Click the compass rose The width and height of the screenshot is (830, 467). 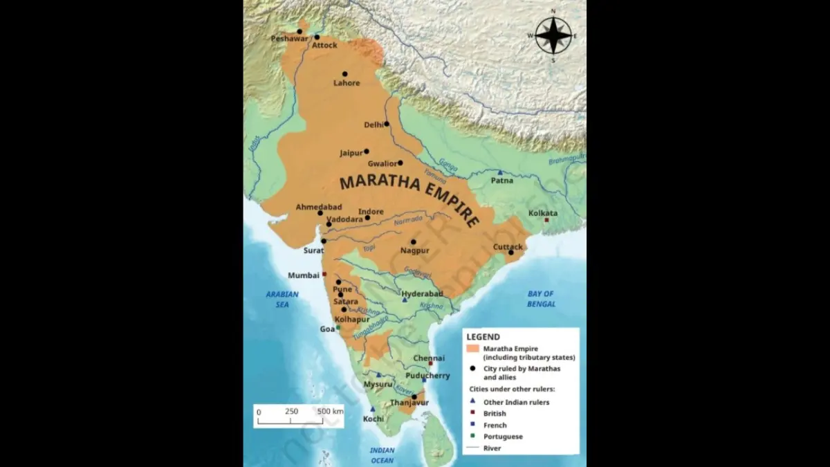click(x=553, y=35)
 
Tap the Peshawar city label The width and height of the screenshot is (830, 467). click(x=289, y=39)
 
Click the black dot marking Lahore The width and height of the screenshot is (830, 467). click(x=344, y=73)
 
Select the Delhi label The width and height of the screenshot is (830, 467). click(x=373, y=125)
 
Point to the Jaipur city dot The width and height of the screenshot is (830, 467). click(x=367, y=152)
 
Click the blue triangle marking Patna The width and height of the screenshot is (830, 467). click(x=500, y=172)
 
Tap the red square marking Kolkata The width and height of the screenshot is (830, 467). click(x=546, y=220)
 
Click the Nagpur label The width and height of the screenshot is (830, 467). click(x=415, y=250)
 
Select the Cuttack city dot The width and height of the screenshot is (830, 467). click(x=510, y=253)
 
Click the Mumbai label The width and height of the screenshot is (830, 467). click(x=303, y=275)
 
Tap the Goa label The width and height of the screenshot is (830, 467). click(x=327, y=329)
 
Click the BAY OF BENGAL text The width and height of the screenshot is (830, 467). click(x=541, y=299)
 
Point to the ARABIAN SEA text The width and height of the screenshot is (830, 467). click(x=282, y=299)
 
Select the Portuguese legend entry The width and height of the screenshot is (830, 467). click(x=503, y=437)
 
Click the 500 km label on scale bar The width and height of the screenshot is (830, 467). click(x=330, y=411)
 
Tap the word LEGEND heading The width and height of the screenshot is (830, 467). click(x=483, y=337)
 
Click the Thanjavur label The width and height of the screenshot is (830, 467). click(x=409, y=403)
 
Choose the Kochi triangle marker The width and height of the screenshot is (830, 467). click(x=372, y=409)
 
